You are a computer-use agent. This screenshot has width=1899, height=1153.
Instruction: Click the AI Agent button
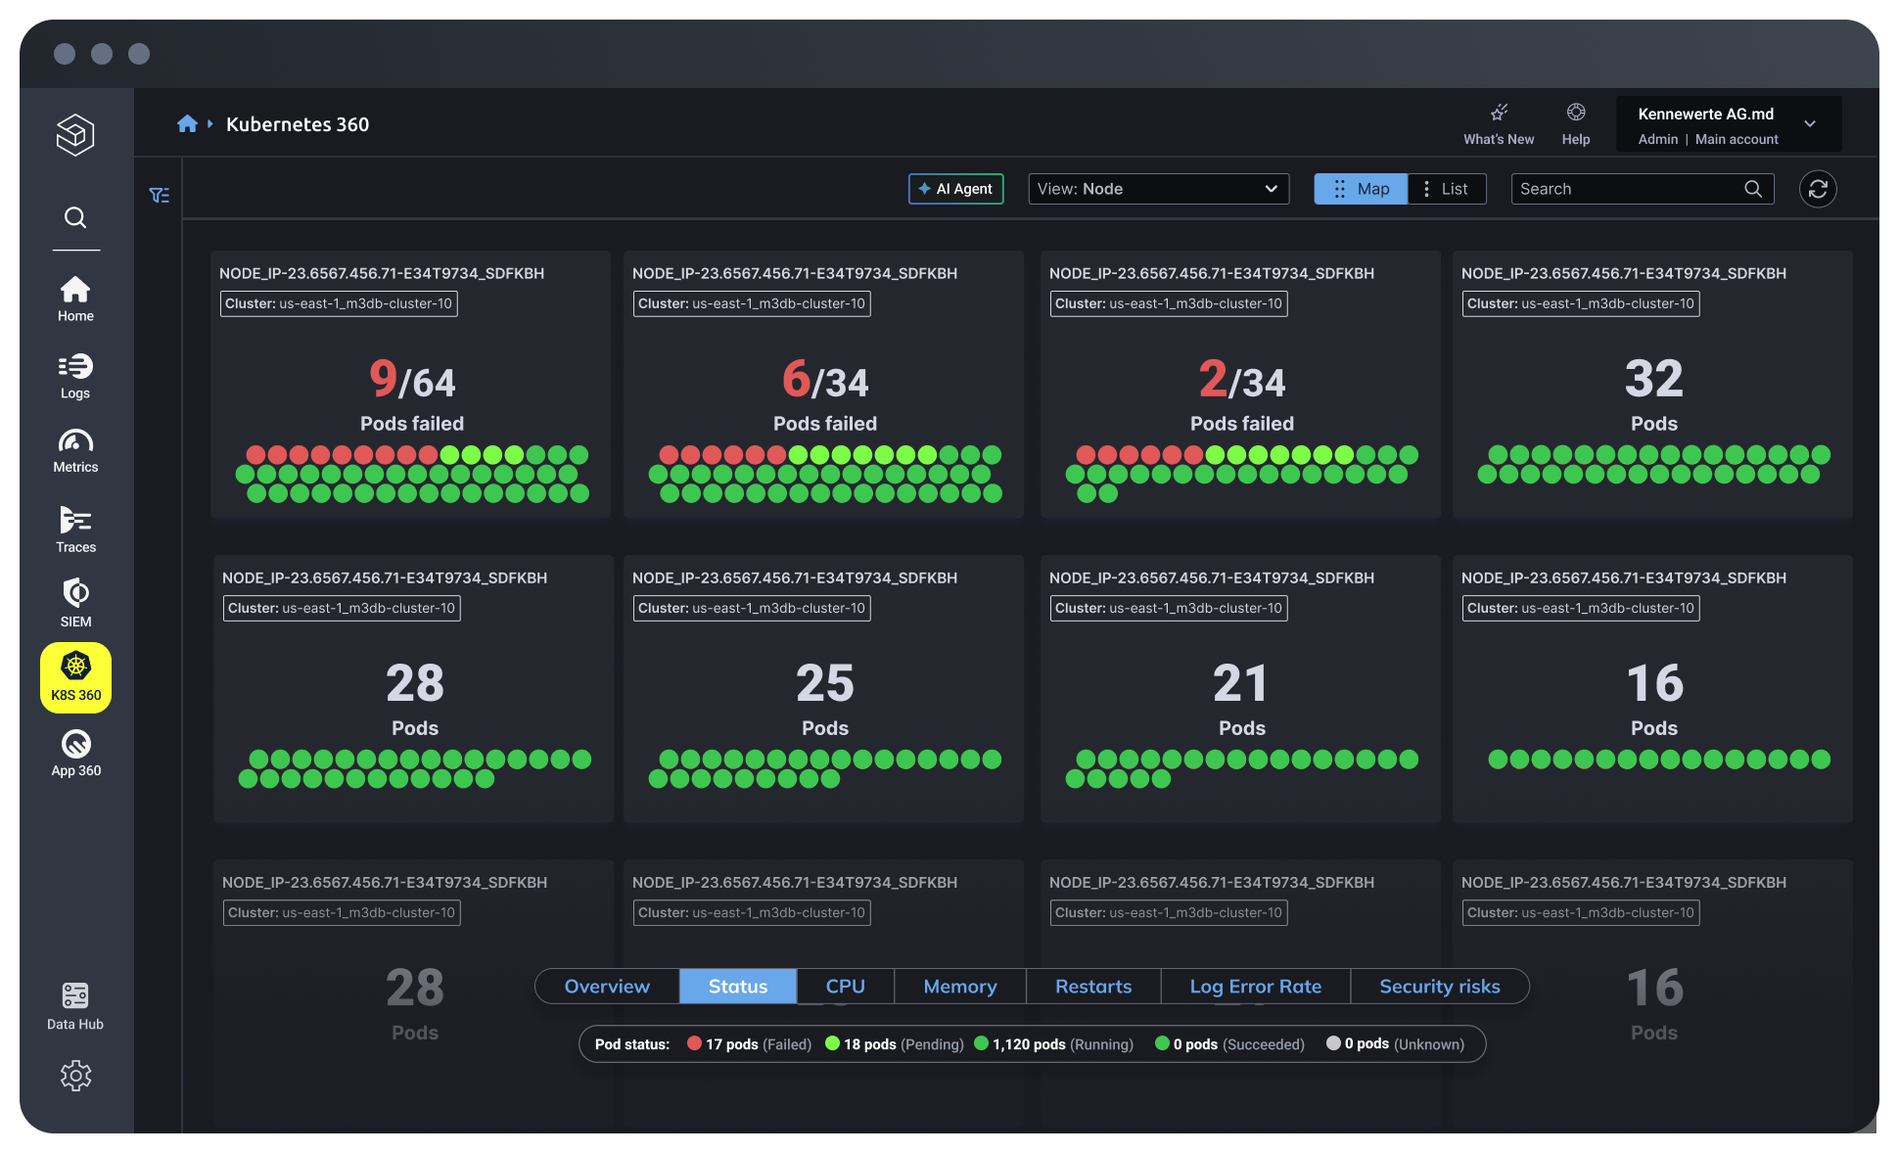click(955, 189)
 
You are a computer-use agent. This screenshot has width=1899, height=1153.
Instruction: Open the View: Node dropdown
click(1158, 189)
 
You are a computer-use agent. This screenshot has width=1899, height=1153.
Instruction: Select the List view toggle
click(1446, 189)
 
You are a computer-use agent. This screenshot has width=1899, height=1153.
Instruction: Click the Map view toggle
click(1361, 189)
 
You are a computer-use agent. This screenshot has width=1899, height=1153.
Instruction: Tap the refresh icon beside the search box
click(1818, 189)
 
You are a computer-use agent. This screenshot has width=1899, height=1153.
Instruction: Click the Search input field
click(1629, 189)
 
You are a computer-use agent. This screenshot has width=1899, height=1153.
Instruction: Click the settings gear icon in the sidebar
click(75, 1076)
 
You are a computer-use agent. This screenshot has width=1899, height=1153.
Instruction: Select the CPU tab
click(845, 987)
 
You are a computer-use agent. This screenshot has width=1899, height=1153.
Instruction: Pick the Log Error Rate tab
click(1255, 987)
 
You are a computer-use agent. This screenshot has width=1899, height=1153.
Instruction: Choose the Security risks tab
click(1439, 987)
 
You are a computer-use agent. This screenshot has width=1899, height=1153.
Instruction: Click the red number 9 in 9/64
click(383, 379)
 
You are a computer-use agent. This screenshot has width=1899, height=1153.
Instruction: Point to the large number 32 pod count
click(1653, 379)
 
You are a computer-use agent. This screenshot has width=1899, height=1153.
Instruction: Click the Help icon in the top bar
click(1576, 113)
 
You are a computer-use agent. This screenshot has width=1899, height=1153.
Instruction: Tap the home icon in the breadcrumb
click(187, 124)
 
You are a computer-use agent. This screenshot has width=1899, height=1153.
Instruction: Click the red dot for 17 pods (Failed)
click(694, 1043)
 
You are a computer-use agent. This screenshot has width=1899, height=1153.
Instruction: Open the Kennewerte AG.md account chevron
click(1810, 124)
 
